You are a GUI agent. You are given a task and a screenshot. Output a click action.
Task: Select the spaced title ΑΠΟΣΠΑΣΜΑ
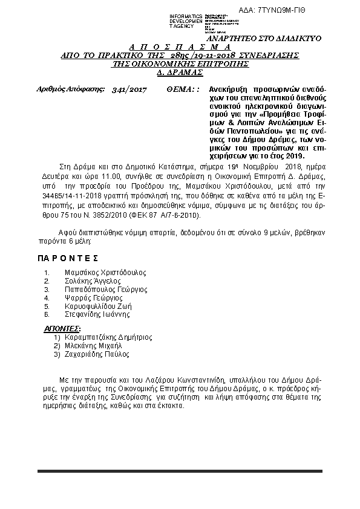tap(180, 47)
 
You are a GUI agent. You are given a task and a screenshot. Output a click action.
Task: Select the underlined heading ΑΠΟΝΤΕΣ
tap(63, 329)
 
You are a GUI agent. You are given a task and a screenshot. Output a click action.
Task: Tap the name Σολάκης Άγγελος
tap(93, 281)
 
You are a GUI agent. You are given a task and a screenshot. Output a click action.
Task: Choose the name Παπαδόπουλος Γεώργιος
tap(106, 290)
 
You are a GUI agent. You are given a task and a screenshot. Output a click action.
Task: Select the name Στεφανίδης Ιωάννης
tap(97, 315)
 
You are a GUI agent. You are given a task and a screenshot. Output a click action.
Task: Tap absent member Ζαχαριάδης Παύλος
tap(97, 354)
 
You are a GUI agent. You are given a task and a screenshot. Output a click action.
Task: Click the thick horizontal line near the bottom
tap(180, 471)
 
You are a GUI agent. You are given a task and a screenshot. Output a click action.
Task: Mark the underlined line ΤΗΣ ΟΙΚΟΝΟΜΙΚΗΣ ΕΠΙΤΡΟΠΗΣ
tap(181, 63)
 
